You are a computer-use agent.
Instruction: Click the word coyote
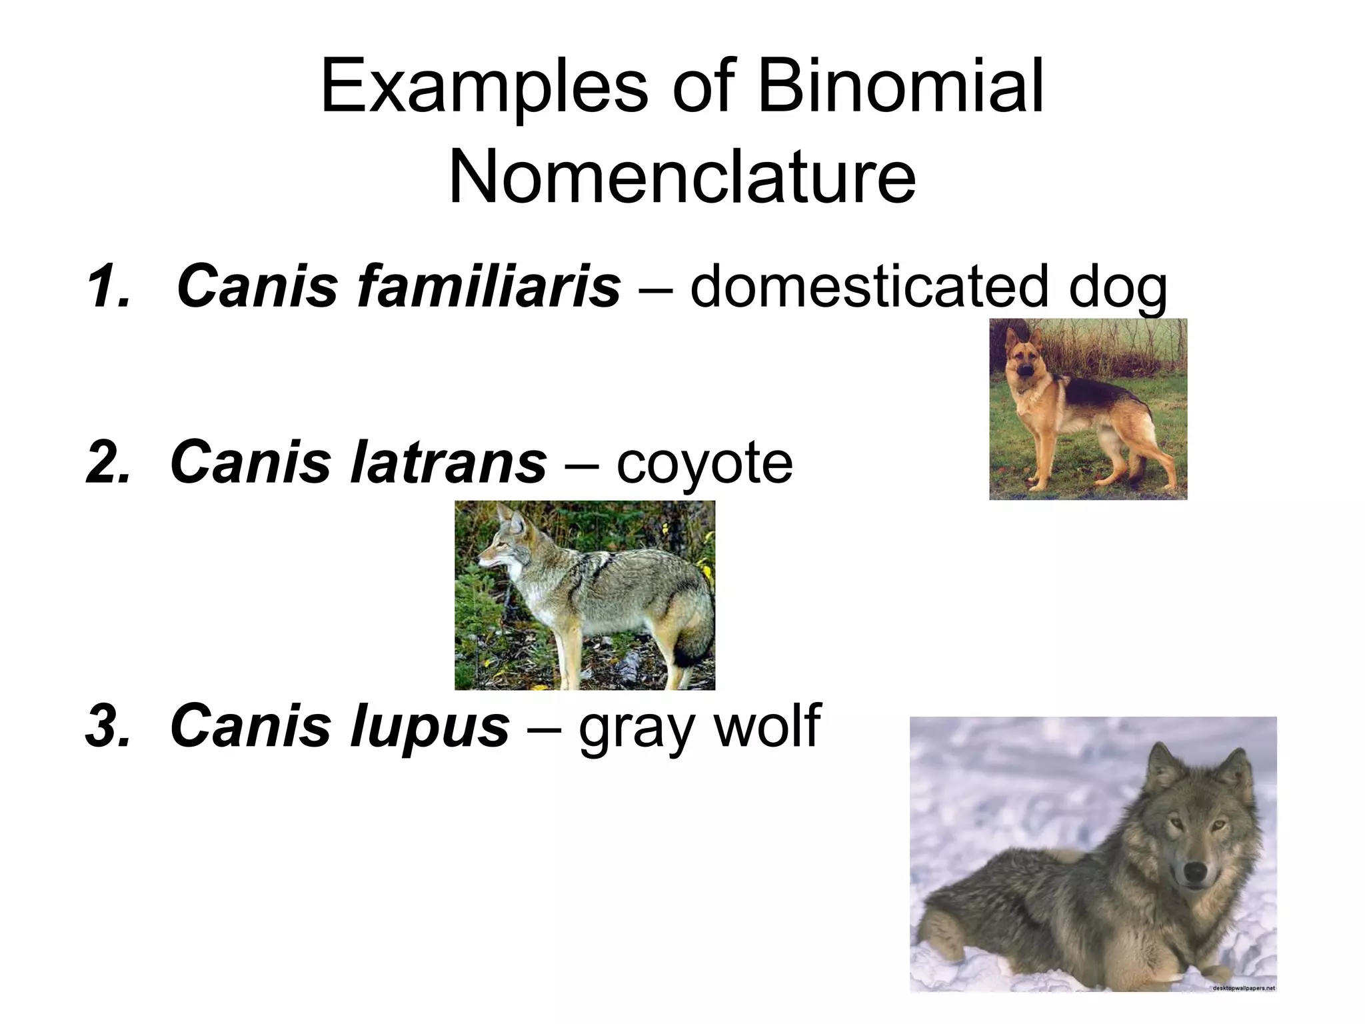point(704,463)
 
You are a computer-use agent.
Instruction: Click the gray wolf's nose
point(1194,871)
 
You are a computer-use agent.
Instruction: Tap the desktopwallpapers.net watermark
point(1243,987)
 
